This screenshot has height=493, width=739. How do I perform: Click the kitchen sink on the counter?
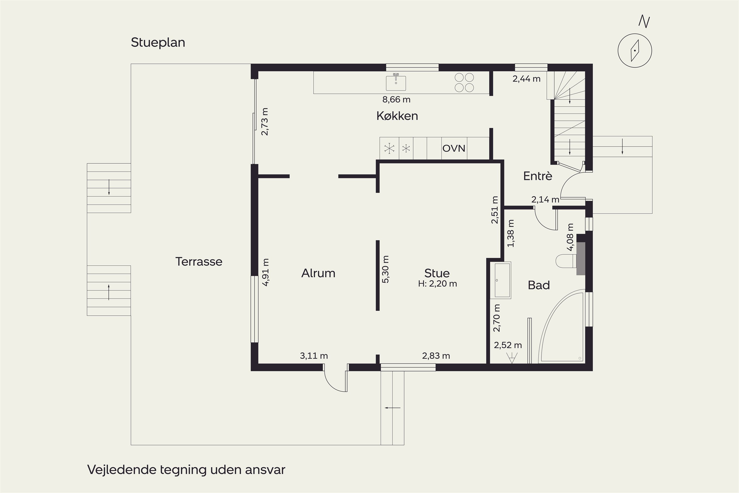click(x=396, y=82)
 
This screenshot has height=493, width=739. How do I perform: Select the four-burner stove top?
click(x=464, y=82)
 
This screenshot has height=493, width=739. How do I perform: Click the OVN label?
click(x=454, y=148)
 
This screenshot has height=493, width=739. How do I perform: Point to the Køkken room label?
click(x=397, y=116)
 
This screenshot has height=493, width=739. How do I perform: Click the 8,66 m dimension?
click(x=396, y=100)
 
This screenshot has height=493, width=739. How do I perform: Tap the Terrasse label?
click(x=199, y=262)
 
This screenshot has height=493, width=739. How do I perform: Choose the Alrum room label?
click(x=318, y=273)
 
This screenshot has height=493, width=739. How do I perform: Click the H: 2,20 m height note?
click(x=437, y=284)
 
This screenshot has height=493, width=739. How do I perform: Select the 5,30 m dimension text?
click(x=386, y=269)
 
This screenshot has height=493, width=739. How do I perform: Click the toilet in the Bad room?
click(x=566, y=261)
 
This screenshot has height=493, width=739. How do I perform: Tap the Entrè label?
click(x=537, y=176)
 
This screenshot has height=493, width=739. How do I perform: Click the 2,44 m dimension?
click(x=527, y=79)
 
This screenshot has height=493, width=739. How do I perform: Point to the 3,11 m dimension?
click(x=314, y=356)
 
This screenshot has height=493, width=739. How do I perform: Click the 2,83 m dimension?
click(x=436, y=356)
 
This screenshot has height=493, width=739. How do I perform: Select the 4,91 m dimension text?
click(x=266, y=272)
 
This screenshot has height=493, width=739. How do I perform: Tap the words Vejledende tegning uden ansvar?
click(x=186, y=470)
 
